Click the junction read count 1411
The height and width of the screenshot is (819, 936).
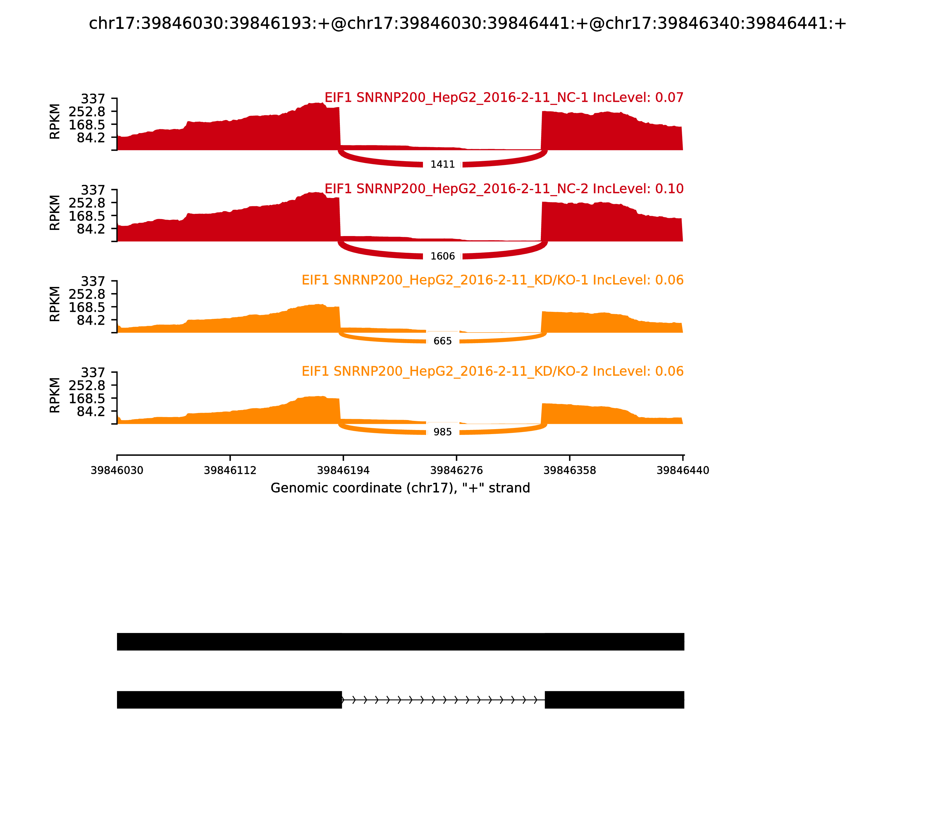[x=442, y=164]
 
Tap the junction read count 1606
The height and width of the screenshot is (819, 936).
[x=442, y=257]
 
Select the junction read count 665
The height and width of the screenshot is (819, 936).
[x=442, y=341]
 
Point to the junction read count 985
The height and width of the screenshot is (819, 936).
[x=442, y=432]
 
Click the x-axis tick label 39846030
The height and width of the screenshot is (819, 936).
[x=117, y=470]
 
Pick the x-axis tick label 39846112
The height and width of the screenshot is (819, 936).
[x=230, y=470]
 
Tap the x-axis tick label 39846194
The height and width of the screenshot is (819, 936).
[x=343, y=470]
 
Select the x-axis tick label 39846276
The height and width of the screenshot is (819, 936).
[x=456, y=470]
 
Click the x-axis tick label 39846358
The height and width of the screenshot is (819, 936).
[x=569, y=470]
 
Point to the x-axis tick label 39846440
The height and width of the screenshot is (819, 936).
[x=683, y=470]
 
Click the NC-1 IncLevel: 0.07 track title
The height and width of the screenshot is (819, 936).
[x=504, y=98]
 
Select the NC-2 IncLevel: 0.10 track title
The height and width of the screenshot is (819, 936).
[x=504, y=189]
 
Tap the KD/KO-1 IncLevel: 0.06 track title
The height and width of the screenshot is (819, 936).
[x=492, y=280]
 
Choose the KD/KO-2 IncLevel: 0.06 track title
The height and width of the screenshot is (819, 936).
[x=492, y=371]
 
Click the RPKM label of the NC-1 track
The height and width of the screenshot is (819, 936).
[x=54, y=122]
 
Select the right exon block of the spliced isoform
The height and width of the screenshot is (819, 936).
[x=614, y=700]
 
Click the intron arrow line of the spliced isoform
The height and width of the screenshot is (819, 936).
[x=443, y=700]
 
